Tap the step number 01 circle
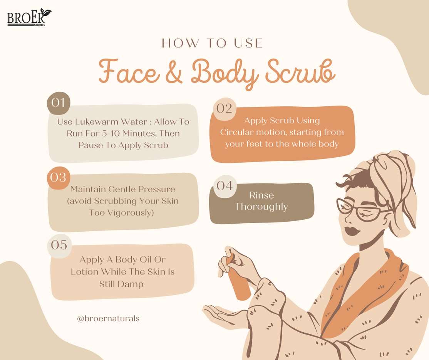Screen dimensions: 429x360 coord(58,103)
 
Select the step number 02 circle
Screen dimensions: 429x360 coord(225,109)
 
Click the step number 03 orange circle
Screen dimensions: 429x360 coord(58,178)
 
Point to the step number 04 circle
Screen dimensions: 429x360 coord(225,186)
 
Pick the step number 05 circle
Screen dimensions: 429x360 coord(59,245)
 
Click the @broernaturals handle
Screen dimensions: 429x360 coord(108,318)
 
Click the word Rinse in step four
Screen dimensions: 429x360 coord(261,195)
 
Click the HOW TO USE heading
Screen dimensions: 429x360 coord(212,43)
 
